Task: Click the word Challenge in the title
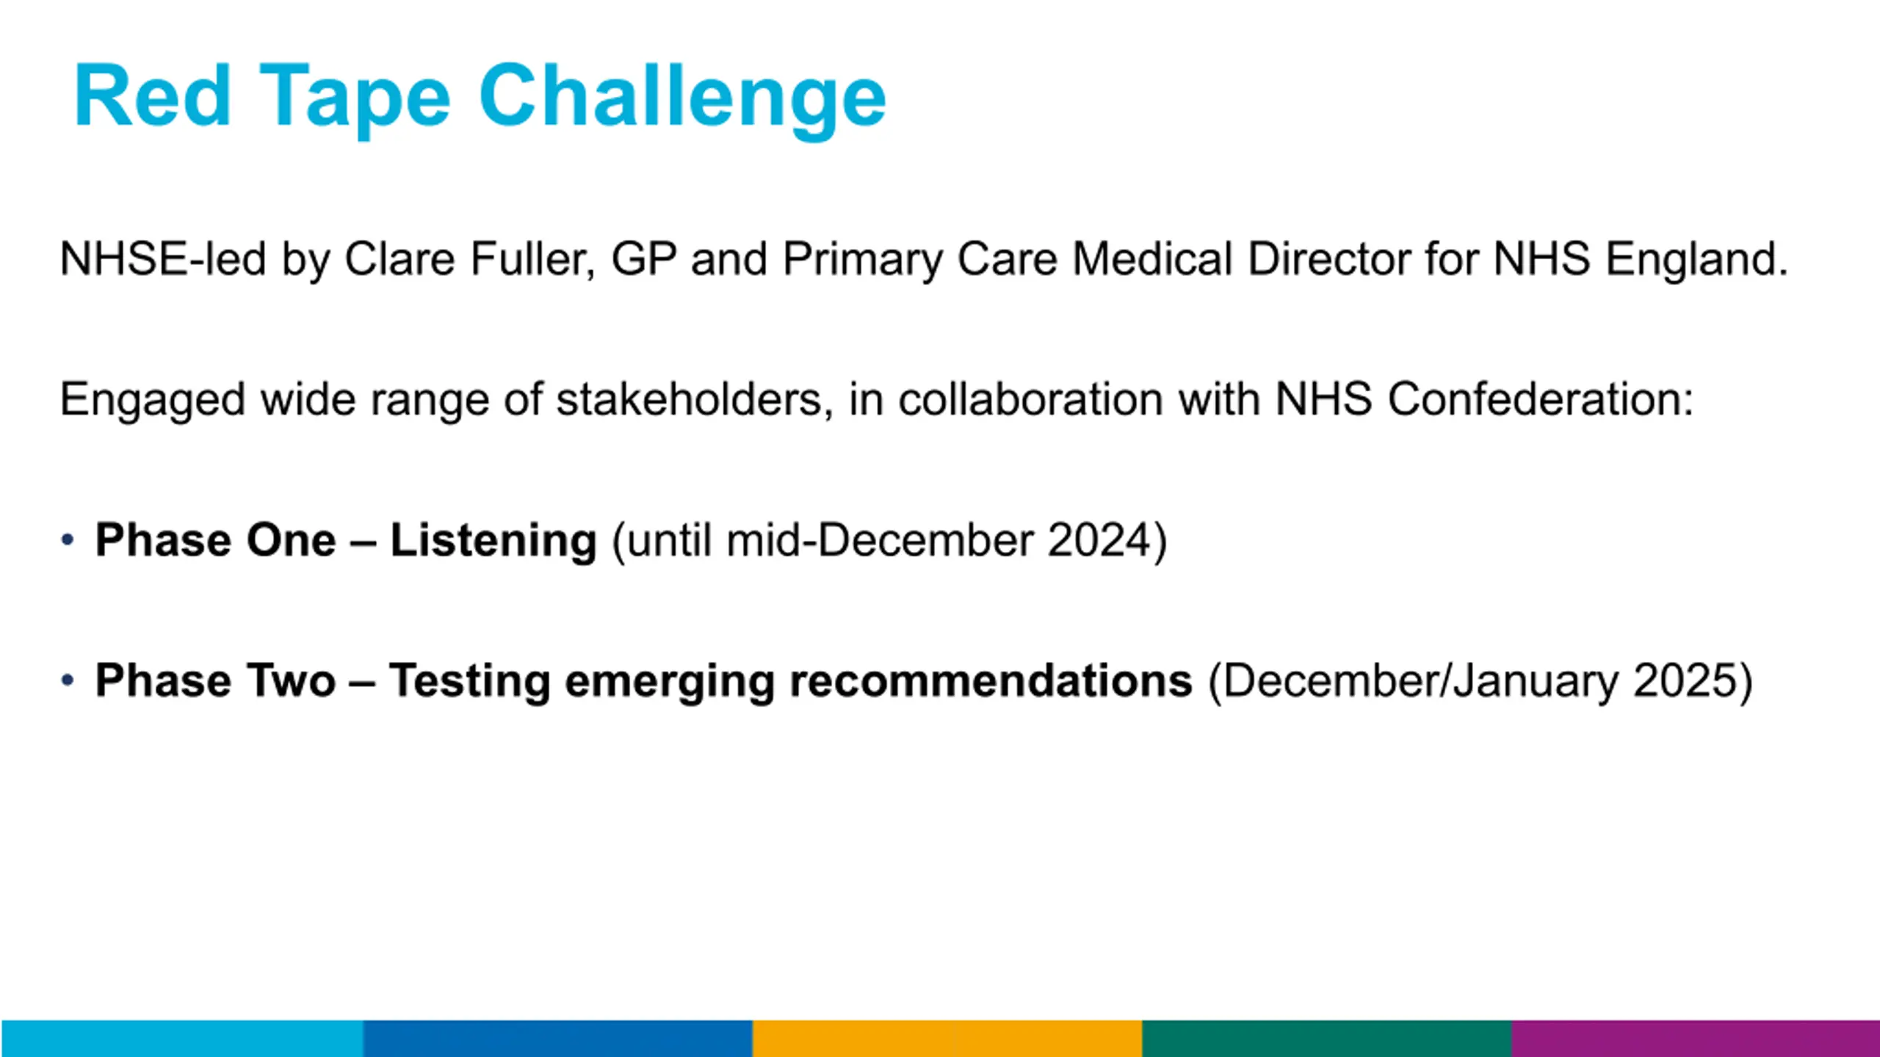[x=682, y=98]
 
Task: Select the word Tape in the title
[x=355, y=98]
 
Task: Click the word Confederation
[x=1541, y=399]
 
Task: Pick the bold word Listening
[x=493, y=542]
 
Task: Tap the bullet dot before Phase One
[x=68, y=540]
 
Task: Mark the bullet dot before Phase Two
[x=68, y=680]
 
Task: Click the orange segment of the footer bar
[x=947, y=1039]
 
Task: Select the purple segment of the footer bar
[x=1696, y=1039]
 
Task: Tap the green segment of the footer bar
[x=1327, y=1039]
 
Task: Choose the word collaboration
[x=1031, y=399]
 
